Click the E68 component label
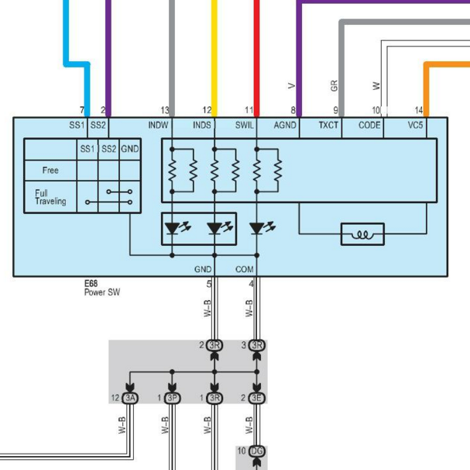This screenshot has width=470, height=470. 91,283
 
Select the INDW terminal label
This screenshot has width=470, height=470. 158,125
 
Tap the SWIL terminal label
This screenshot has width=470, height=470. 245,125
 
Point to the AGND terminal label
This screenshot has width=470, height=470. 285,125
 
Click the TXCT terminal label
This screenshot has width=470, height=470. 328,125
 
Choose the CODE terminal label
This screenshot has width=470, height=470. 369,125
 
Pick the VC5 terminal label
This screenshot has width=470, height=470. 415,125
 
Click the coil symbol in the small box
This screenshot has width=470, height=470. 362,234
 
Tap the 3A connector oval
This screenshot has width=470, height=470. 130,398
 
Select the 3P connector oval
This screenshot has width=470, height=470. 173,398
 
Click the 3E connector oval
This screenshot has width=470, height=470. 257,398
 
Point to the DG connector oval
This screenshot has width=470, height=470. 257,451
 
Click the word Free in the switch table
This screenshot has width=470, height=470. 50,171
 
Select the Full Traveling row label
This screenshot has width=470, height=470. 50,197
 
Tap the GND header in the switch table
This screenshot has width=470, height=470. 130,149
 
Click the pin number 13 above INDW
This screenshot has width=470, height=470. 165,110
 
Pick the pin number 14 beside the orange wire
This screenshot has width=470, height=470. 419,110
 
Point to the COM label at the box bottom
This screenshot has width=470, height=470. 245,269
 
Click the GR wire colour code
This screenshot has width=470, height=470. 334,85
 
